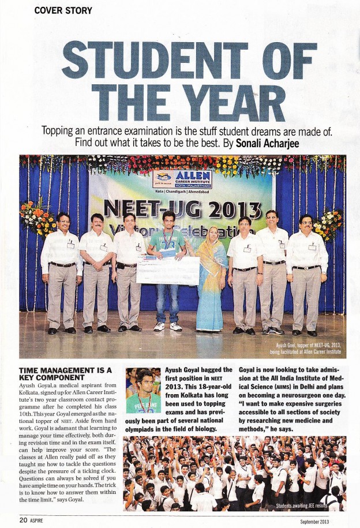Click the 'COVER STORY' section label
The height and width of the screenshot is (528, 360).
[x=63, y=10]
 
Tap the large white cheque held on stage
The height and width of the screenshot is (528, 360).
[x=168, y=269]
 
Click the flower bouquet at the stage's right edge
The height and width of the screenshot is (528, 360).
[x=331, y=224]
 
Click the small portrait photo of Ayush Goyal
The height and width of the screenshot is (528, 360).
[x=142, y=390]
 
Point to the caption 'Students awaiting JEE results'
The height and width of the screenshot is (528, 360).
[x=308, y=505]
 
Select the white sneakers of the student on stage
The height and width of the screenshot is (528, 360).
[x=168, y=327]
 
